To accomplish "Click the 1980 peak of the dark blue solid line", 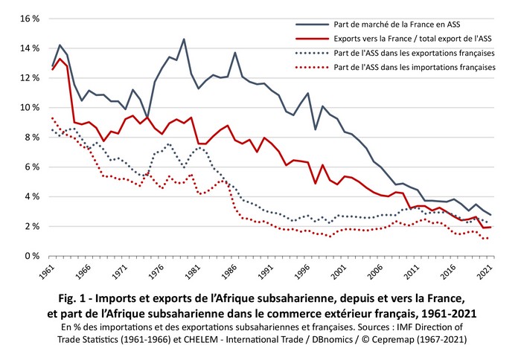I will point(184,39).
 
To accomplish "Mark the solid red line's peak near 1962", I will point(60,58).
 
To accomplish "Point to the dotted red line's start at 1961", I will point(52,118).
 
